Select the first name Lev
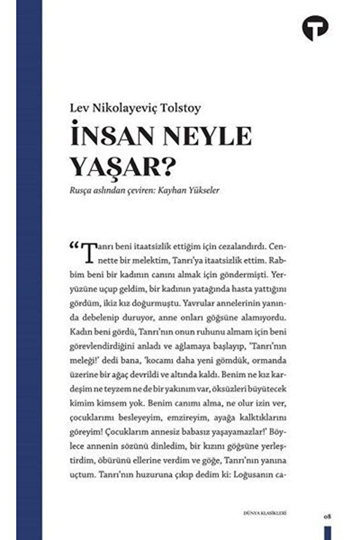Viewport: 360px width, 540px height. pyautogui.click(x=78, y=108)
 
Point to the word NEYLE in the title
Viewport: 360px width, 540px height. pyautogui.click(x=206, y=136)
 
